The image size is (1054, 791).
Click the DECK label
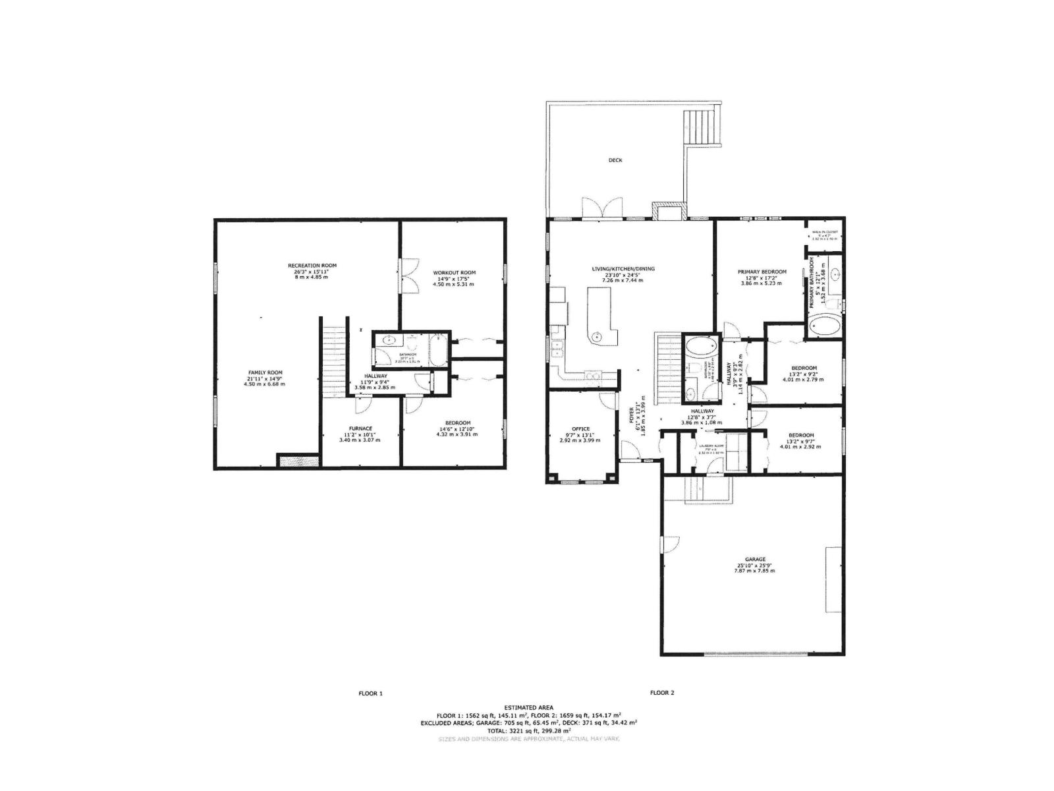click(615, 160)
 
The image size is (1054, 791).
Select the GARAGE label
click(755, 559)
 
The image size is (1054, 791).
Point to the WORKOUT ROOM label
click(454, 272)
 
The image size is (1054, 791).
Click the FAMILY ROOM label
click(265, 372)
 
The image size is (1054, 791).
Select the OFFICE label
click(581, 428)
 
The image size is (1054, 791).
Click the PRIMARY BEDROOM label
click(762, 272)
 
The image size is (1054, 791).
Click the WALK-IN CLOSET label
click(824, 232)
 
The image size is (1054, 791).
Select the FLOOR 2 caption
click(662, 693)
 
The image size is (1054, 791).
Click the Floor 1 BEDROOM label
click(457, 423)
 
